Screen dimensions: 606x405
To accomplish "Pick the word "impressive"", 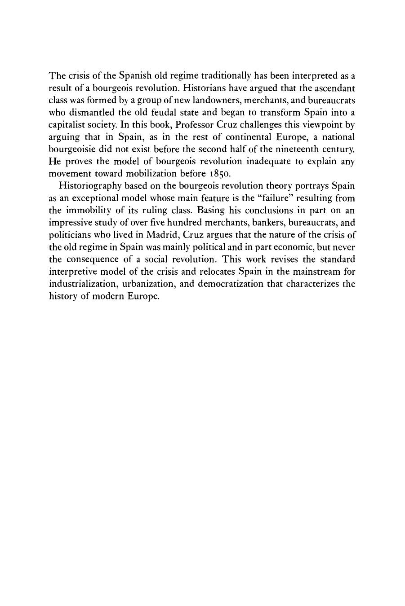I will (69, 222).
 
